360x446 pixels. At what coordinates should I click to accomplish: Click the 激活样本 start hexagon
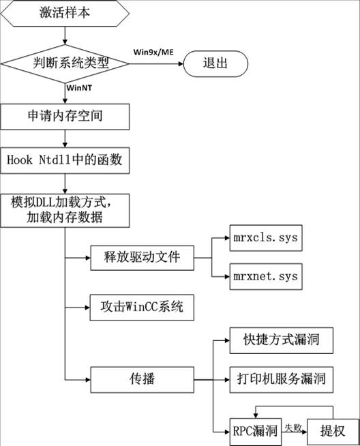point(65,14)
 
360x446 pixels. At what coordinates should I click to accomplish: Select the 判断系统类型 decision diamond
point(65,63)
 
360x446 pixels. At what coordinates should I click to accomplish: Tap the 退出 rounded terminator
point(215,63)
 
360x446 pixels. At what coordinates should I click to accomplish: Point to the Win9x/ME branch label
point(153,52)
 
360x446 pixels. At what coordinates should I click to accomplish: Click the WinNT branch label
point(79,87)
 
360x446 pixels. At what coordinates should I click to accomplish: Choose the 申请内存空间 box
point(65,117)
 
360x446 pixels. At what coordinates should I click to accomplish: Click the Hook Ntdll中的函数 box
point(65,160)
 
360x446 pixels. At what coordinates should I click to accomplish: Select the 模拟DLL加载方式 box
point(65,211)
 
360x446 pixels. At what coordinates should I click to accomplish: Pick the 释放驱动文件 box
point(142,258)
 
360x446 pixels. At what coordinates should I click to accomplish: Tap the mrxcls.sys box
point(266,238)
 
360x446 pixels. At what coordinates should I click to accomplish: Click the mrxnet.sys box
point(266,276)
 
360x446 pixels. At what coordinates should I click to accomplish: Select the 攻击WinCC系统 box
point(142,308)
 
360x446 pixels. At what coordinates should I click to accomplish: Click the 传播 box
point(142,380)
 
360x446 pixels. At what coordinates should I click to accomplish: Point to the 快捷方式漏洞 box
point(281,340)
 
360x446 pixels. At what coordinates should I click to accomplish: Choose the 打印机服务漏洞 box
point(281,380)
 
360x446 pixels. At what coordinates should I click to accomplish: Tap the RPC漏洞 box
point(256,432)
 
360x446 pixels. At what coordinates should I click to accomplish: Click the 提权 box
point(333,432)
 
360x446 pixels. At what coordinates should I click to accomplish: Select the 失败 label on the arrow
point(293,428)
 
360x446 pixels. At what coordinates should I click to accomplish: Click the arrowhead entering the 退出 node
point(181,63)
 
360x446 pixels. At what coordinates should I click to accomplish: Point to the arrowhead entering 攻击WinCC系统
point(87,308)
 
